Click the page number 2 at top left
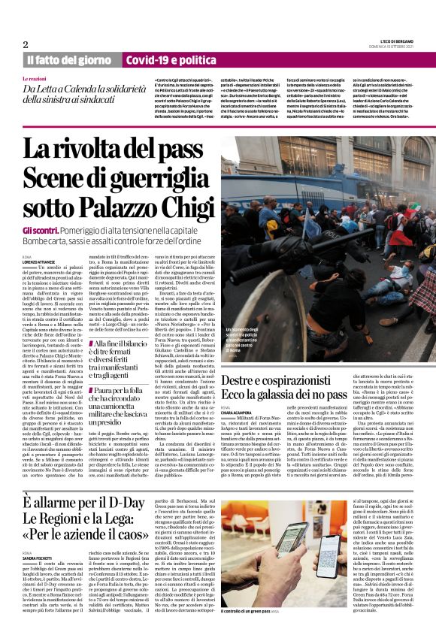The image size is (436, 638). [26, 44]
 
